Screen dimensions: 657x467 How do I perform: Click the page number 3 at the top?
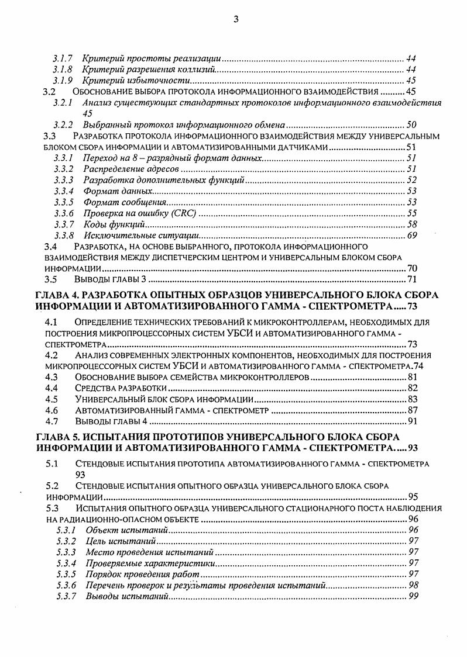(235, 19)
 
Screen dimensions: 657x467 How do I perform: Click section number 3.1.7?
(62, 58)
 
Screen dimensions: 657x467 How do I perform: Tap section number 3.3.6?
(64, 213)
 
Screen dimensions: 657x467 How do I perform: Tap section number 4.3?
(51, 377)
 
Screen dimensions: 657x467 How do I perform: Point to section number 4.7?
(51, 421)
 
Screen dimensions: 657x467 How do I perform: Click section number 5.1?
(51, 464)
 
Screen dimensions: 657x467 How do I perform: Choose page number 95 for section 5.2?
(413, 497)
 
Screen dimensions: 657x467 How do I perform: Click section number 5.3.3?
(66, 552)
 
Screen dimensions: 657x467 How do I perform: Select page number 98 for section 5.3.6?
(413, 585)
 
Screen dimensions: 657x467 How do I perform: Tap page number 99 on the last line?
(413, 596)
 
